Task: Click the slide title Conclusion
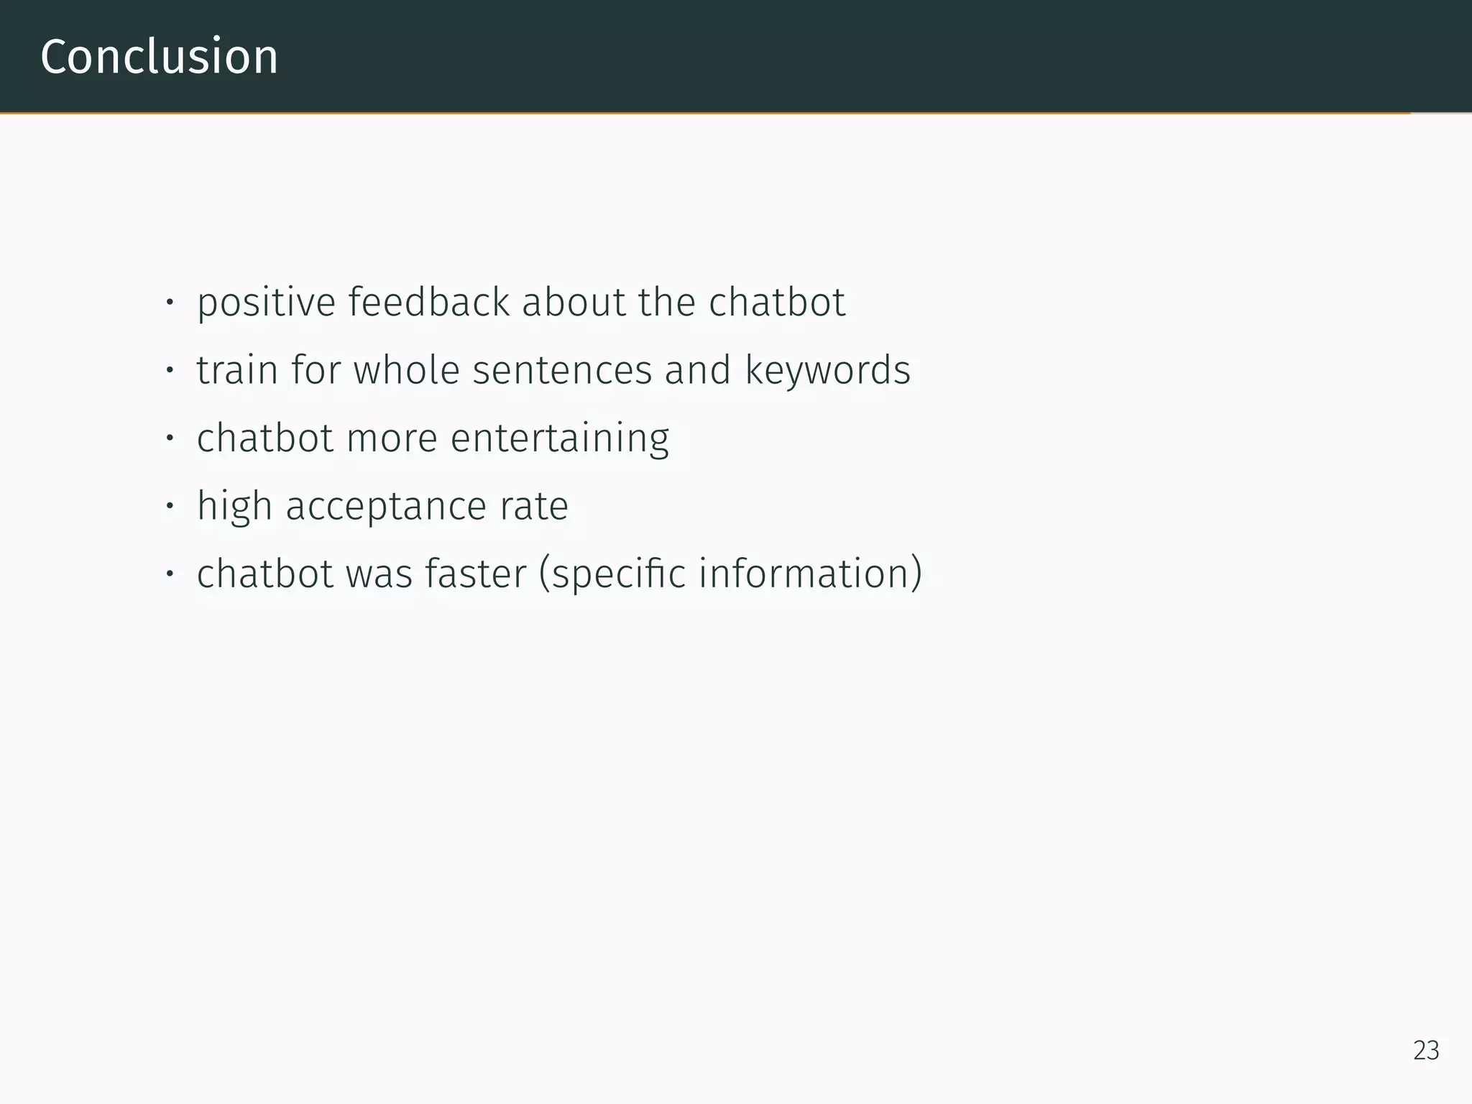pyautogui.click(x=159, y=57)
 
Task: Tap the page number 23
pyautogui.click(x=1426, y=1051)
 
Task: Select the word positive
pyautogui.click(x=266, y=303)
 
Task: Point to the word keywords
pyautogui.click(x=827, y=370)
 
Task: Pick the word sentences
pyautogui.click(x=561, y=370)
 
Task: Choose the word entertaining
pyautogui.click(x=559, y=438)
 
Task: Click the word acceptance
pyautogui.click(x=386, y=507)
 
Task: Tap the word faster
pyautogui.click(x=475, y=574)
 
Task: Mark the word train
pyautogui.click(x=237, y=370)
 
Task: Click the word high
pyautogui.click(x=234, y=507)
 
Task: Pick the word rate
pyautogui.click(x=534, y=507)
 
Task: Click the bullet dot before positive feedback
pyautogui.click(x=170, y=303)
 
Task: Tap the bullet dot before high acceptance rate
pyautogui.click(x=170, y=507)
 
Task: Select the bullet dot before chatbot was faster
pyautogui.click(x=170, y=574)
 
